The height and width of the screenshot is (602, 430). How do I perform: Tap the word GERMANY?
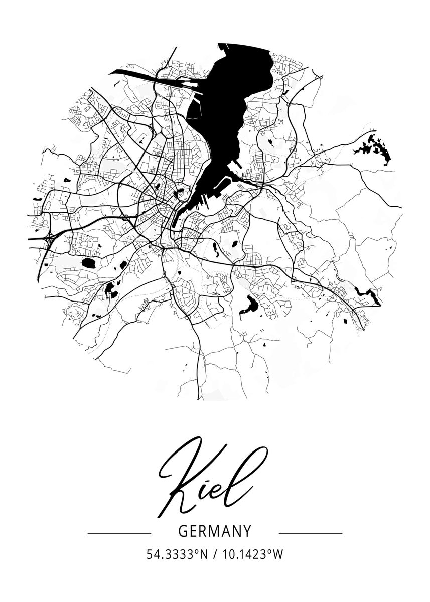[x=215, y=531]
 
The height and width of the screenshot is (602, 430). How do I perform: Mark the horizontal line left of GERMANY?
[x=119, y=533]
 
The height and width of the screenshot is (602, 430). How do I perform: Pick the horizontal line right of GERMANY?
[x=310, y=533]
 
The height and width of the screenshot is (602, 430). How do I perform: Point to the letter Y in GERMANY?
[x=247, y=531]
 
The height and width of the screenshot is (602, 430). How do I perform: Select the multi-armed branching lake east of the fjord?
[x=374, y=148]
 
